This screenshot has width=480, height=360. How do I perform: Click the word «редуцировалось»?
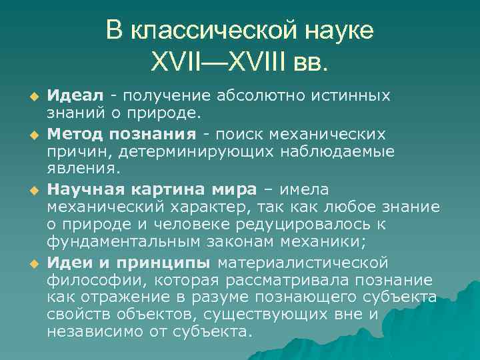click(x=301, y=225)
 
